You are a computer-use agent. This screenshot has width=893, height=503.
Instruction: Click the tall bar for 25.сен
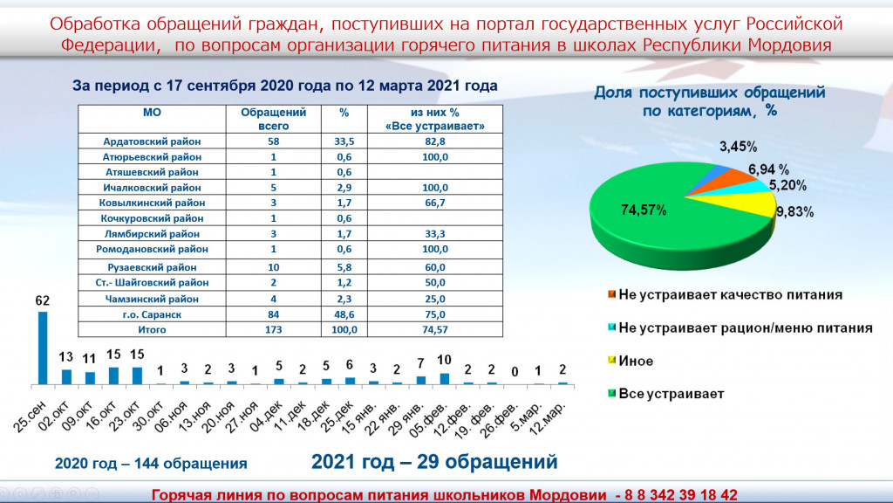(43, 348)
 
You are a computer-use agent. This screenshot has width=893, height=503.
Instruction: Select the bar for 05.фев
(444, 379)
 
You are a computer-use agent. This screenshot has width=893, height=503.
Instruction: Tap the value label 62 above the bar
(43, 300)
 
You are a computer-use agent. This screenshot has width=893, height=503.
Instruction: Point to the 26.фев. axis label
(499, 420)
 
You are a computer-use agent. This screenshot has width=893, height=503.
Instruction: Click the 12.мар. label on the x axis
(548, 419)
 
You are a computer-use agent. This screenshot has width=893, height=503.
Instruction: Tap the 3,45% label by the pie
(738, 147)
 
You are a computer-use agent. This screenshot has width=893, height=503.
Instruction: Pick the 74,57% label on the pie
(644, 210)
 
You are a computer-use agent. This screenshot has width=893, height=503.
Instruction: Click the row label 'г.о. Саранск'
(152, 314)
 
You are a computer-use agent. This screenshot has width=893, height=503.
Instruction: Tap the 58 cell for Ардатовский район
(273, 141)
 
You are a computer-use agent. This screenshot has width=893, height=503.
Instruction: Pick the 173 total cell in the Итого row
(273, 329)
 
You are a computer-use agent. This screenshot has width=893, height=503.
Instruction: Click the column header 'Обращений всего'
(273, 119)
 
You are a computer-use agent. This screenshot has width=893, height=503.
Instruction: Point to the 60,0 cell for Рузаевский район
(434, 267)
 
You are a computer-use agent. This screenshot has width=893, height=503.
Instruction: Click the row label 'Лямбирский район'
(152, 234)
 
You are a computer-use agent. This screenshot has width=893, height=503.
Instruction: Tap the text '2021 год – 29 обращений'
(434, 462)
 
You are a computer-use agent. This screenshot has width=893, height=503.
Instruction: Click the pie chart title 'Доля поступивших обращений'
(710, 93)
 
